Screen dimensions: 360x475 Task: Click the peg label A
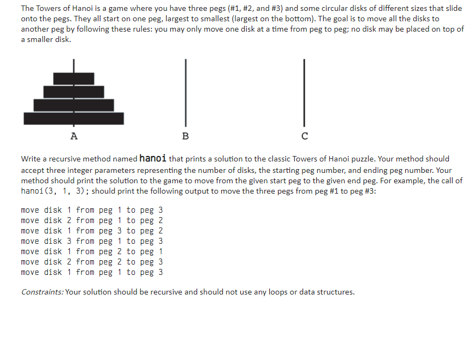point(74,136)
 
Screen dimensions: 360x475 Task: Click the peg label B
point(185,136)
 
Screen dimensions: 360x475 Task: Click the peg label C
point(305,136)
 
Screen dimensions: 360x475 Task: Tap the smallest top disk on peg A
point(74,79)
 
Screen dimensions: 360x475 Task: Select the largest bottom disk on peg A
point(74,118)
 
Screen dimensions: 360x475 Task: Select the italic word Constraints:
point(42,292)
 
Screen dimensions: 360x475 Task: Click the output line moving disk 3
point(92,241)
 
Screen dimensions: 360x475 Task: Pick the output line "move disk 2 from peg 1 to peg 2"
point(92,220)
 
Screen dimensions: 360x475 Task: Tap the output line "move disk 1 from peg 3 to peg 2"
point(92,231)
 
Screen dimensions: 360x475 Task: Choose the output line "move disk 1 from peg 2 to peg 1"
point(92,251)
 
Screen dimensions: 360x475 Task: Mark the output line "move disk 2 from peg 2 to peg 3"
point(92,262)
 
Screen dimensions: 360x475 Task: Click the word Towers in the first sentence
point(51,8)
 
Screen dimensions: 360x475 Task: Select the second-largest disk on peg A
point(74,105)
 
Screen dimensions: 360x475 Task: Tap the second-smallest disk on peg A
point(74,92)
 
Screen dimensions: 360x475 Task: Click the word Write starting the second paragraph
point(32,159)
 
